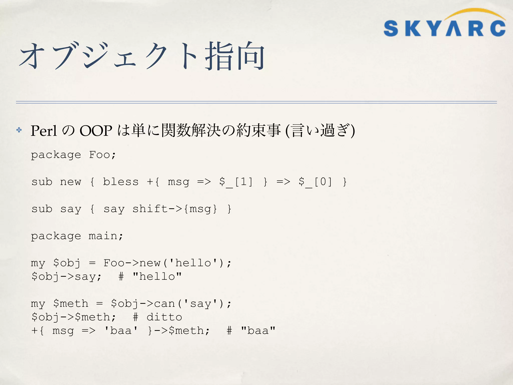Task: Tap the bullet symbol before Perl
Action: click(19, 130)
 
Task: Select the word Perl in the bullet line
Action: click(44, 131)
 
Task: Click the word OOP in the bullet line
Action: click(96, 131)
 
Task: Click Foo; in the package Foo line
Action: click(102, 155)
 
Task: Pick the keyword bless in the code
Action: click(121, 182)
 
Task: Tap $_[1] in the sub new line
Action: click(236, 182)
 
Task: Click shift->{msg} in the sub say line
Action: click(175, 209)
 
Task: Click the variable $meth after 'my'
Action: click(71, 304)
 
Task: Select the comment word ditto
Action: click(164, 317)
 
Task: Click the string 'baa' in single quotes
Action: click(121, 331)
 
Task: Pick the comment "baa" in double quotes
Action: click(258, 331)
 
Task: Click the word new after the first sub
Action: click(71, 182)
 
